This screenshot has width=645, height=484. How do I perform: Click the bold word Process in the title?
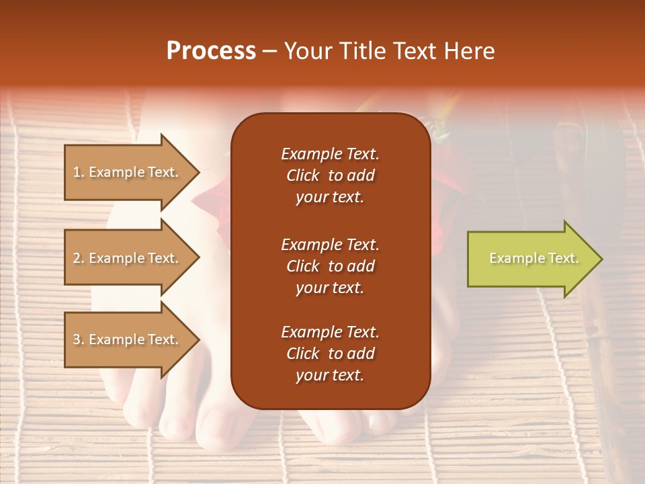click(x=211, y=51)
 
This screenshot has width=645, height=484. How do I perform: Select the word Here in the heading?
click(x=469, y=51)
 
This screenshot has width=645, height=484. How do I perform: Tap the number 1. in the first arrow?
click(x=79, y=172)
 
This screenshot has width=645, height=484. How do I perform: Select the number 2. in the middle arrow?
click(x=79, y=258)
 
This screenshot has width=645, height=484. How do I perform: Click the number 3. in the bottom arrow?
click(x=79, y=339)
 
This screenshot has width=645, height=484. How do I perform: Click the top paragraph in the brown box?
click(x=330, y=175)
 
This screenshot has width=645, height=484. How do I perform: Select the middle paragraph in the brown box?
click(x=330, y=266)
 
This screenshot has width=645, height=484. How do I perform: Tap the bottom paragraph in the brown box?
click(x=330, y=354)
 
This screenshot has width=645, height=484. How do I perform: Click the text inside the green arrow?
click(x=534, y=258)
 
